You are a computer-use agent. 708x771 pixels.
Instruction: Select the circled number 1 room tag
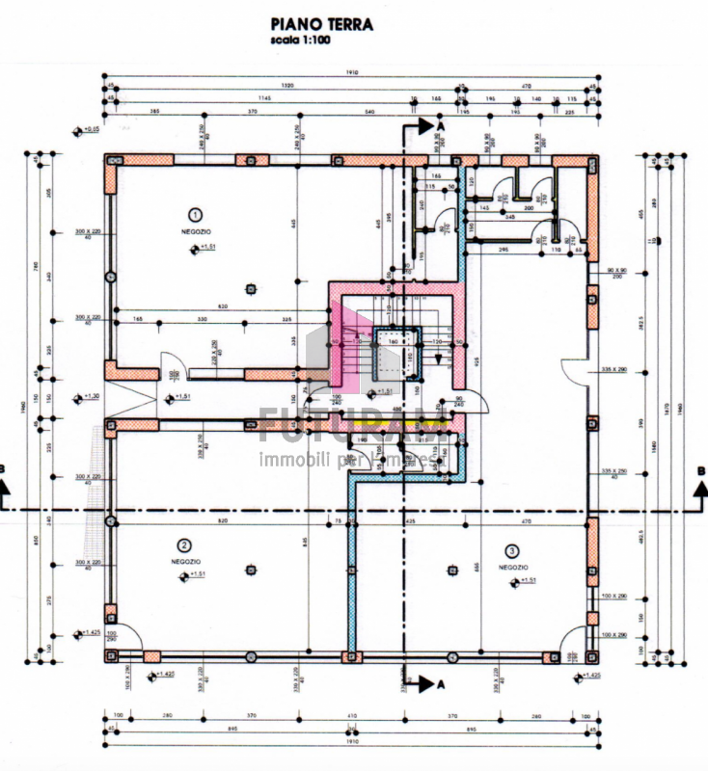pos(195,214)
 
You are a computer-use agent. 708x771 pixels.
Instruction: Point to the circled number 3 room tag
pos(512,550)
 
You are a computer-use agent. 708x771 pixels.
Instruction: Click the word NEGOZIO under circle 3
pos(513,568)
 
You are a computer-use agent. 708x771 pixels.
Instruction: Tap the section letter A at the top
pos(440,126)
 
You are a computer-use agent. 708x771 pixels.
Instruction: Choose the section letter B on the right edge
pos(700,469)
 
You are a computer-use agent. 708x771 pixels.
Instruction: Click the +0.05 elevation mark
pos(91,128)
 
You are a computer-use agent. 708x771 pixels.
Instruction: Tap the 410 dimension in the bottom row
pos(352,716)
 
